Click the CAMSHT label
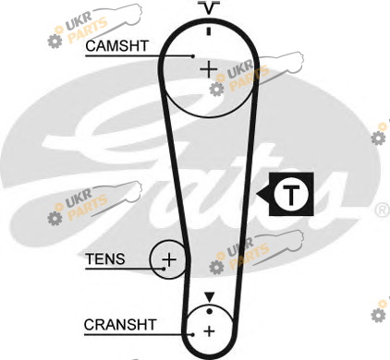[117, 46]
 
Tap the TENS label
[105, 258]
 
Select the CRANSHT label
[120, 325]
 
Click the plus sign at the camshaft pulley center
[209, 69]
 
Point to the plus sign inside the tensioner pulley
[169, 260]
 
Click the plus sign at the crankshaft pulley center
[209, 331]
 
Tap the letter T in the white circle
[291, 195]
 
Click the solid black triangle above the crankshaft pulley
[210, 297]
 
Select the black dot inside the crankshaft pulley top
[210, 312]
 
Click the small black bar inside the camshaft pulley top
[209, 31]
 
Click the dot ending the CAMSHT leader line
[193, 56]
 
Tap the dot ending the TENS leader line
[164, 269]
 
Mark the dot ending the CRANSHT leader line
[192, 335]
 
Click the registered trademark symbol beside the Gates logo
[382, 210]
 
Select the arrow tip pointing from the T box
[257, 195]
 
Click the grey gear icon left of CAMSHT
[55, 42]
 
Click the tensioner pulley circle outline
[151, 259]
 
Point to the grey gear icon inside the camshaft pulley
[216, 89]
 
